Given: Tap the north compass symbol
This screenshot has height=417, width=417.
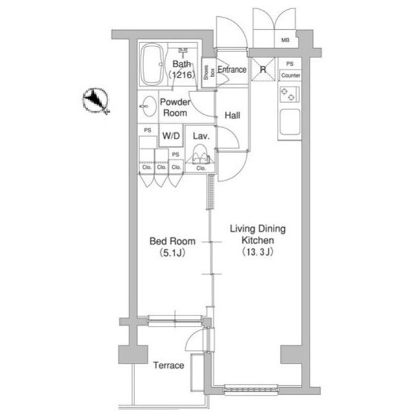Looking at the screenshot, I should click(96, 101).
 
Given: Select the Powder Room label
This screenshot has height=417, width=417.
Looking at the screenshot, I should click(175, 108).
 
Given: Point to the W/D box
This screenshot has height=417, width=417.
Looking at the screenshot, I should click(171, 136).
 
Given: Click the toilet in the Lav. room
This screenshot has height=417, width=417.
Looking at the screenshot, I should click(200, 156).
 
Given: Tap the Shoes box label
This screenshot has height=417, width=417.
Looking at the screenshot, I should click(206, 72).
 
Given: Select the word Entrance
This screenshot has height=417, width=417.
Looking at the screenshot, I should click(231, 70).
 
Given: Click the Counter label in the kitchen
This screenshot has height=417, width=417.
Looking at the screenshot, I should click(291, 76).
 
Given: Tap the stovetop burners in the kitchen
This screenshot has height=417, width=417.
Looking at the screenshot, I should click(288, 94).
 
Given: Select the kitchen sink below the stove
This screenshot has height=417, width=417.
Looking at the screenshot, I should click(289, 122).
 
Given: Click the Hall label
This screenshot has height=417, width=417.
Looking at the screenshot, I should click(232, 115).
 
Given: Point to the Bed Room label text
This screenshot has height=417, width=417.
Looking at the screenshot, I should click(169, 241).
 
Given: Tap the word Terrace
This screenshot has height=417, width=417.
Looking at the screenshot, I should click(169, 365).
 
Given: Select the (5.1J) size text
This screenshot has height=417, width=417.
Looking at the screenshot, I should click(168, 253).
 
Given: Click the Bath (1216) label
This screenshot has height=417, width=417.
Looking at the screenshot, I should click(182, 70).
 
